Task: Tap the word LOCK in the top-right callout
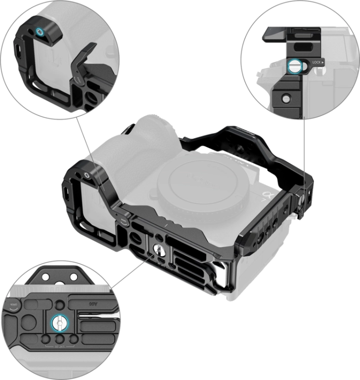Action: pos(317,62)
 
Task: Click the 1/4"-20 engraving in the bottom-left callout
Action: pos(60,349)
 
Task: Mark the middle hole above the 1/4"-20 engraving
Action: pos(60,339)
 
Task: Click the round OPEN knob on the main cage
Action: pos(124,221)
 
